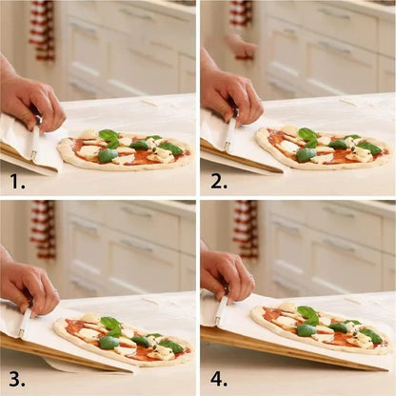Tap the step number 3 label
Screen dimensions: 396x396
coord(16,376)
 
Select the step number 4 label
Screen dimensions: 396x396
coord(218,376)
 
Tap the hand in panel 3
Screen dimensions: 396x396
coord(28,284)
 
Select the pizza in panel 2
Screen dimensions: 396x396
coord(324,148)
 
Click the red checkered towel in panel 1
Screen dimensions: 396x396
coord(41,29)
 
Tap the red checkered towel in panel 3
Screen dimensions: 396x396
coord(43,228)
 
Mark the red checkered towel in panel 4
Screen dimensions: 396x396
coord(247,228)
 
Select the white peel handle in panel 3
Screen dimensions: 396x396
coord(25,323)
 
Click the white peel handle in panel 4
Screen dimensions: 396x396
coord(222,310)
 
